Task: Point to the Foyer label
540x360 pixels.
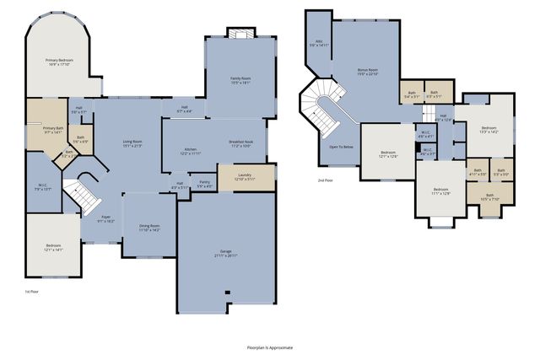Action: (x=105, y=219)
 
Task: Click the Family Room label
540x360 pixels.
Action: (x=241, y=81)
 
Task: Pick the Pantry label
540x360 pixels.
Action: (x=204, y=184)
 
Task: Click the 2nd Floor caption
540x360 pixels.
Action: (x=324, y=180)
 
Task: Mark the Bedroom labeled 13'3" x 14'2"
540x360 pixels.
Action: (x=489, y=130)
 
